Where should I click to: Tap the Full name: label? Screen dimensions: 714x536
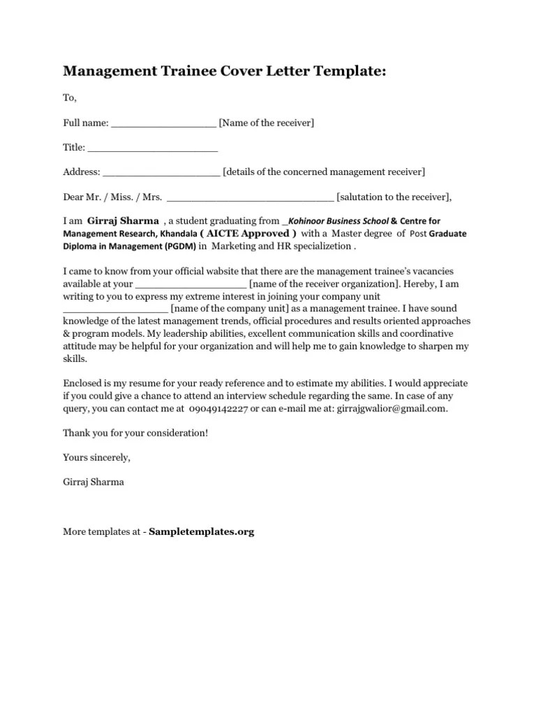click(x=86, y=123)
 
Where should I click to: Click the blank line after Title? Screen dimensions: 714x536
click(x=153, y=148)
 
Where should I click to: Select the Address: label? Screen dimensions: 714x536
click(x=82, y=172)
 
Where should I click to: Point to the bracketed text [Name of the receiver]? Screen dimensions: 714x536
click(x=267, y=123)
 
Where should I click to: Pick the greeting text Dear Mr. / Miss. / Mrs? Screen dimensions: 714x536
click(x=112, y=197)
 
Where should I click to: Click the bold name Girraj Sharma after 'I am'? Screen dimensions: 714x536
click(x=123, y=220)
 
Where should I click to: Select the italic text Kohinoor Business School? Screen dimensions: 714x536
click(x=338, y=221)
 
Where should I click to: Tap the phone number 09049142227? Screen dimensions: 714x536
click(x=217, y=409)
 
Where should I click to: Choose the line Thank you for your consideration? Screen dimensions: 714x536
click(x=135, y=433)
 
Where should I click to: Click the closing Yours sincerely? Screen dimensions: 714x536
click(x=96, y=457)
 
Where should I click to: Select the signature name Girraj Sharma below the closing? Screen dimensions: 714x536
click(x=94, y=482)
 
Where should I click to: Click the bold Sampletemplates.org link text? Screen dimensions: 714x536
click(x=202, y=531)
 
